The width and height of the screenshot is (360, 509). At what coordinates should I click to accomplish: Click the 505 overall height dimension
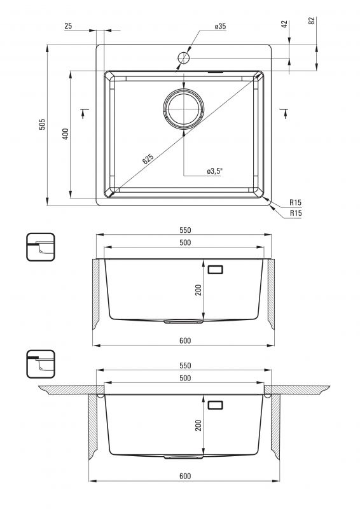click(43, 124)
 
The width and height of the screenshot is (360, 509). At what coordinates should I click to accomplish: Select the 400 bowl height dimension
click(66, 134)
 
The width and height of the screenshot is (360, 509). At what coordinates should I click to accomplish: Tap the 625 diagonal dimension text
click(148, 158)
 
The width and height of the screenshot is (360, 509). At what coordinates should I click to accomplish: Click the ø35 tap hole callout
click(220, 26)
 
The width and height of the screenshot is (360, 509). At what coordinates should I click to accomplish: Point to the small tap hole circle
click(183, 58)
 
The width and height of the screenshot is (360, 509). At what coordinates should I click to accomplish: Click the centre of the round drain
click(184, 108)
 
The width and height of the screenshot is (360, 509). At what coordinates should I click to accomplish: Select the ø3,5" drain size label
click(214, 171)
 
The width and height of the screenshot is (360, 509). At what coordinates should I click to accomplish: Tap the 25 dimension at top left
click(68, 26)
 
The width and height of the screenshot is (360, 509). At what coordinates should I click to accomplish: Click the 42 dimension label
click(284, 24)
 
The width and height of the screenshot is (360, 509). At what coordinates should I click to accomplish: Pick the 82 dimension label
click(312, 21)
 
